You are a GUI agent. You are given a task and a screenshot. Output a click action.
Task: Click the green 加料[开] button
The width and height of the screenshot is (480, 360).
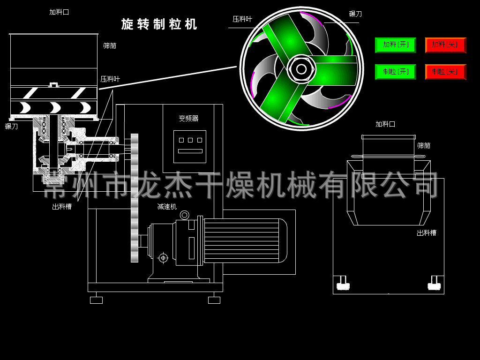[x=395, y=45]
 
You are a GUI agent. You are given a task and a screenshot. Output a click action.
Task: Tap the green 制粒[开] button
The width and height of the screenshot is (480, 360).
[x=395, y=72]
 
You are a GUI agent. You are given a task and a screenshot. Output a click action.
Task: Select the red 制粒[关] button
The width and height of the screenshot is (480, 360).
[x=445, y=72]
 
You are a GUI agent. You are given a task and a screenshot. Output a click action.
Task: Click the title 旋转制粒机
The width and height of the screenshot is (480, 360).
[x=159, y=24]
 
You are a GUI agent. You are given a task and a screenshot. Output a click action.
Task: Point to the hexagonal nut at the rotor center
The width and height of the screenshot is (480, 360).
[x=301, y=69]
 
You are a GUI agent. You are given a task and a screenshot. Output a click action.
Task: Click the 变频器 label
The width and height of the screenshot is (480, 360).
[x=188, y=119]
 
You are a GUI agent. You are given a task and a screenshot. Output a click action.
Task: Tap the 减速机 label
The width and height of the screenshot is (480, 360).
[x=167, y=207]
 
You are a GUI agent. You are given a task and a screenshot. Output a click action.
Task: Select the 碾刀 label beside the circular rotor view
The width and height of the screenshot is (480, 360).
[x=355, y=14]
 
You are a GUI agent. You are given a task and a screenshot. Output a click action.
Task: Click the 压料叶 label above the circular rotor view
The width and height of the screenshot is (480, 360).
[x=242, y=19]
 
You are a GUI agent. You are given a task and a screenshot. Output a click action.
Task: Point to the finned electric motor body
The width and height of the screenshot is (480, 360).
[x=244, y=240]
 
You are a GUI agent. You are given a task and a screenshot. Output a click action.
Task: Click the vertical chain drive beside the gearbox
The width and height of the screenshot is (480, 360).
[x=135, y=197]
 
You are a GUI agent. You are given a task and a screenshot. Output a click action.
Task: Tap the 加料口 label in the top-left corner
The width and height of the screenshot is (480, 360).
[x=59, y=12]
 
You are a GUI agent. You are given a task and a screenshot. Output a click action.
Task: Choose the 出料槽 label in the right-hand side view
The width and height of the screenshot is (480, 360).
[x=427, y=232]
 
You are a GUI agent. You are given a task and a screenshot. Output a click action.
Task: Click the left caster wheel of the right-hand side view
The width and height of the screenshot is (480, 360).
[x=343, y=284]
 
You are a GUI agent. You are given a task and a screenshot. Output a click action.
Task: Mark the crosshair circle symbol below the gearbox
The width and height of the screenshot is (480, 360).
[x=163, y=257]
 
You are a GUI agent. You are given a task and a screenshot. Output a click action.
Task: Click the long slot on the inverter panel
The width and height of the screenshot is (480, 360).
[x=190, y=151]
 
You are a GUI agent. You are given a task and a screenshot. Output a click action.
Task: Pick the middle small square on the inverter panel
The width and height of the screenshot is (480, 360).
[x=190, y=140]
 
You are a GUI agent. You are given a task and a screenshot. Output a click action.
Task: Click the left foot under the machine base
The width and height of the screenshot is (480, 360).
[x=96, y=300]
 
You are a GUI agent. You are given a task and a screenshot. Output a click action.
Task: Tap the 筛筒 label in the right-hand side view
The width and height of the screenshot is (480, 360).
[x=424, y=146]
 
